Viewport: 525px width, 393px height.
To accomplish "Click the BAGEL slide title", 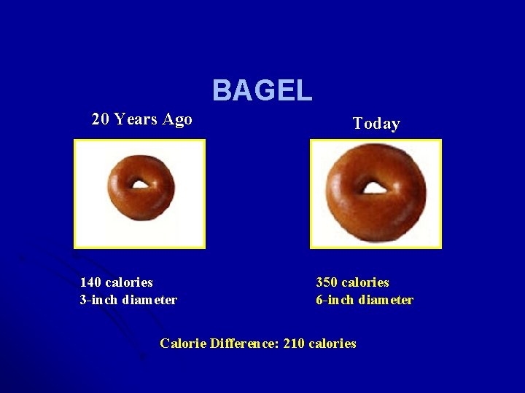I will [x=262, y=91].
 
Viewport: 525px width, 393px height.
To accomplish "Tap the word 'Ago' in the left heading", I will [x=178, y=119].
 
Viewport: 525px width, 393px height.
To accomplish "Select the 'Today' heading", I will [x=376, y=124].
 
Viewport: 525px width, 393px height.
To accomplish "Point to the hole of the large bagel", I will [x=375, y=188].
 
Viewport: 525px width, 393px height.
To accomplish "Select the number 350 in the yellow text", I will [x=327, y=282].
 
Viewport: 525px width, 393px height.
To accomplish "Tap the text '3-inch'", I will [x=99, y=300].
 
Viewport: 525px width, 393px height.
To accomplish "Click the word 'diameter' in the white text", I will [x=149, y=300].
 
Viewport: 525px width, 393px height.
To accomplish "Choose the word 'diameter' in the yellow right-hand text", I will [x=386, y=300].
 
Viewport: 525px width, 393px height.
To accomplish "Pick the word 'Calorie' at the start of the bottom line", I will [x=182, y=344].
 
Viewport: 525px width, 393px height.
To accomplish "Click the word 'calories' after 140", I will [x=129, y=282].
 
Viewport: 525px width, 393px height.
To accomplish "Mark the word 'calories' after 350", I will [x=365, y=282].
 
